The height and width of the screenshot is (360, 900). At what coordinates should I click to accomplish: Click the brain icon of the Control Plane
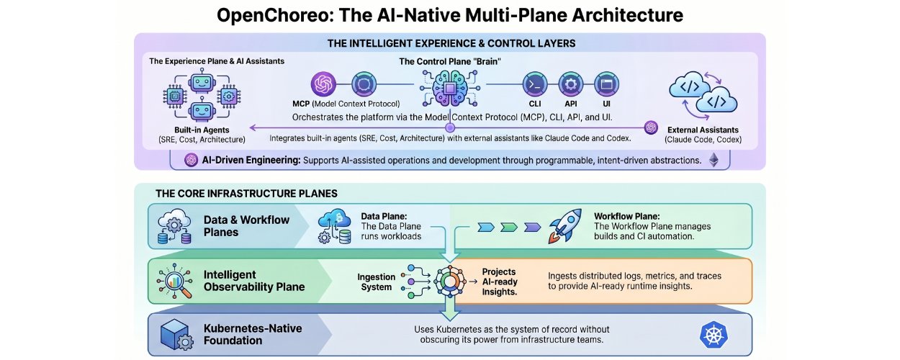click(x=450, y=88)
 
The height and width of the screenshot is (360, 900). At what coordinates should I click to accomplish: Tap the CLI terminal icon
click(x=535, y=84)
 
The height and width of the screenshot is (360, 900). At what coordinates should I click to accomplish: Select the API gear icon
click(x=570, y=84)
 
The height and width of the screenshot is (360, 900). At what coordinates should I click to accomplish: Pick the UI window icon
click(x=606, y=84)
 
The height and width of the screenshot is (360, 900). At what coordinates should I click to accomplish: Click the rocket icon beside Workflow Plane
click(x=565, y=226)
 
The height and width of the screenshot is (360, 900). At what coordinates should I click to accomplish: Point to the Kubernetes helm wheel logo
click(x=714, y=335)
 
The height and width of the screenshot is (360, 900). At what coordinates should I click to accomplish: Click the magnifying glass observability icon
click(x=174, y=281)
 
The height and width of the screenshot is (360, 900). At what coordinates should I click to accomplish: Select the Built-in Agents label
click(x=202, y=130)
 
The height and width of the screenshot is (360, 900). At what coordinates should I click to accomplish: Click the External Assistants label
click(x=703, y=130)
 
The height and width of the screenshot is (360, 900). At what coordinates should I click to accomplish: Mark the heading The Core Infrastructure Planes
click(x=246, y=194)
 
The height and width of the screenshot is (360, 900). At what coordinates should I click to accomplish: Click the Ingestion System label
click(x=376, y=282)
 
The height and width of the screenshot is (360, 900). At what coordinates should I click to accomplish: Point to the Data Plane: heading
click(x=384, y=216)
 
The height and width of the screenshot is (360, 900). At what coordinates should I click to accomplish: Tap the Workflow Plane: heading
click(x=627, y=216)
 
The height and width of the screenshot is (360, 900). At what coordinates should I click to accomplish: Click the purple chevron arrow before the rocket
click(x=532, y=228)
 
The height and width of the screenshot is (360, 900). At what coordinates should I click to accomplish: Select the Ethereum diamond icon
click(x=714, y=160)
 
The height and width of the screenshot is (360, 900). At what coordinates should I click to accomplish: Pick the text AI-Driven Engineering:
click(x=251, y=160)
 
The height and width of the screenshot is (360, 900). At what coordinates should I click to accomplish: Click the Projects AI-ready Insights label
click(x=500, y=282)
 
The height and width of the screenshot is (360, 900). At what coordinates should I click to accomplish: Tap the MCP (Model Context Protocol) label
click(x=346, y=104)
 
